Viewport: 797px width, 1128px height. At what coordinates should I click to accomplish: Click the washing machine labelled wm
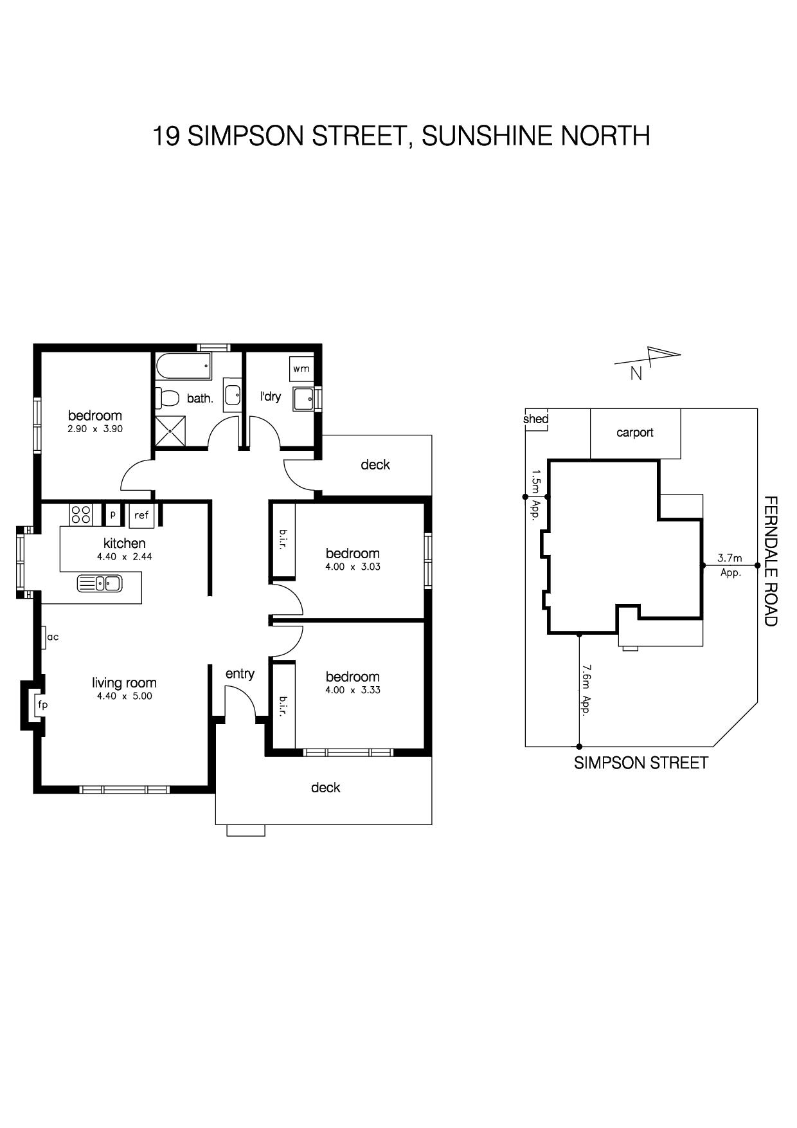(x=301, y=368)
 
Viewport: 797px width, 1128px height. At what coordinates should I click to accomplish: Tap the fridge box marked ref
(x=141, y=514)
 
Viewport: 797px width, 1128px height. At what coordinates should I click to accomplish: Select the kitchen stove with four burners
(x=81, y=514)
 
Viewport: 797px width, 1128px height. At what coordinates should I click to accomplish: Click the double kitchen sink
(x=100, y=583)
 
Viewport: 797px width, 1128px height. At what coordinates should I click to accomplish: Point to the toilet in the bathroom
(x=166, y=397)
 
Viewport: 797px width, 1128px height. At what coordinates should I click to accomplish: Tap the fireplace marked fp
(x=42, y=705)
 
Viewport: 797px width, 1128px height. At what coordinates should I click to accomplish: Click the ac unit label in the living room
(x=53, y=637)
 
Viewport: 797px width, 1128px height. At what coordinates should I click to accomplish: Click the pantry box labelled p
(x=112, y=514)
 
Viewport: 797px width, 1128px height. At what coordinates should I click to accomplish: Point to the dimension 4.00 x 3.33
(x=353, y=690)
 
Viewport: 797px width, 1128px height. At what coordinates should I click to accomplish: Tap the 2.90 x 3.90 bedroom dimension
(x=95, y=429)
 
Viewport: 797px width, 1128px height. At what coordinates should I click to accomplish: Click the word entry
(x=240, y=674)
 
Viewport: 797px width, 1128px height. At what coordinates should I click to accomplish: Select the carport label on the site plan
(x=635, y=433)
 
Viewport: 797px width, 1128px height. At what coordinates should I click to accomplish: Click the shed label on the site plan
(x=536, y=419)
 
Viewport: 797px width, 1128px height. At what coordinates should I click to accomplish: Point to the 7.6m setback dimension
(x=586, y=690)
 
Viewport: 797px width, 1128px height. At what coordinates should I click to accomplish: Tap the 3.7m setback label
(x=730, y=558)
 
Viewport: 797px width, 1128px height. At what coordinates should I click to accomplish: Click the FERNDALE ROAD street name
(x=771, y=561)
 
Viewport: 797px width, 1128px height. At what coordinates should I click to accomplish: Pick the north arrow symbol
(x=648, y=359)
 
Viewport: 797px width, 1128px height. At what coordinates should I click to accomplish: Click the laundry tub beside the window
(x=303, y=399)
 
